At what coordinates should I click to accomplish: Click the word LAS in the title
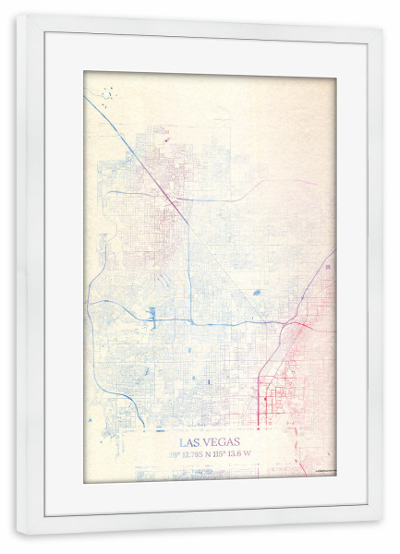[x=190, y=442]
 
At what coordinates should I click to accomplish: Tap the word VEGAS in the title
[x=219, y=442]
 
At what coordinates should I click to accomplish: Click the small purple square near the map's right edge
[x=327, y=266]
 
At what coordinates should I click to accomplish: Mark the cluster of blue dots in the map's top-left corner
[x=108, y=93]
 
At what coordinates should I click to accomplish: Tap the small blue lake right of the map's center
[x=256, y=293]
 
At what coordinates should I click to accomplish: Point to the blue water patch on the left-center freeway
[x=152, y=312]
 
